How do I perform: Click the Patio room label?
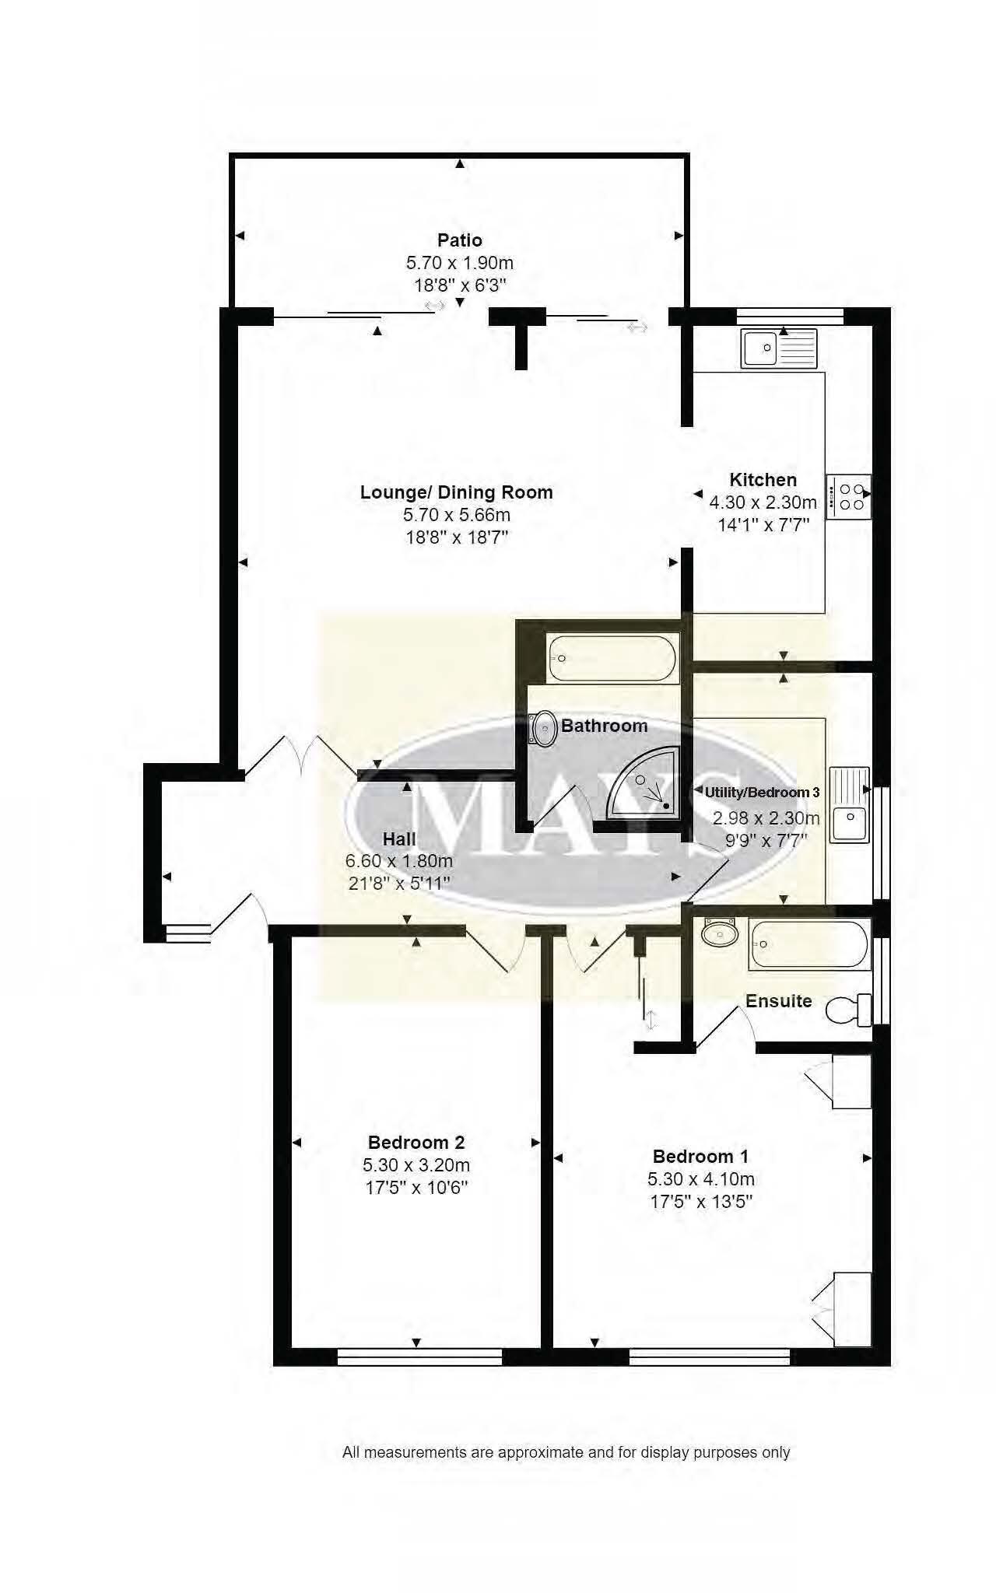(x=459, y=240)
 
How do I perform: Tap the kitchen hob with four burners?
(x=848, y=496)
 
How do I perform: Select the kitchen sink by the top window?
(x=779, y=348)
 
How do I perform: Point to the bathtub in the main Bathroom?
(x=613, y=658)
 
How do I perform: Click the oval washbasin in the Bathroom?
(x=544, y=729)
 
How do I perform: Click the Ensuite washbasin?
(x=720, y=933)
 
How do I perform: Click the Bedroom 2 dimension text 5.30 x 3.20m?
(x=416, y=1165)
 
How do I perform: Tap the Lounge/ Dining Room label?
(x=456, y=492)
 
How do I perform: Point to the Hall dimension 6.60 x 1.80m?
(x=398, y=861)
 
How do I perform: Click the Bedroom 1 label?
(x=700, y=1156)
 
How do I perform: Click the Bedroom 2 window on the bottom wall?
(x=420, y=1357)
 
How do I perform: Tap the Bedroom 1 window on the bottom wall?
(x=709, y=1357)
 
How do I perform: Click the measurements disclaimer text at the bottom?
(x=566, y=1452)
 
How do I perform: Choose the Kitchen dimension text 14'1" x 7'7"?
(x=763, y=525)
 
